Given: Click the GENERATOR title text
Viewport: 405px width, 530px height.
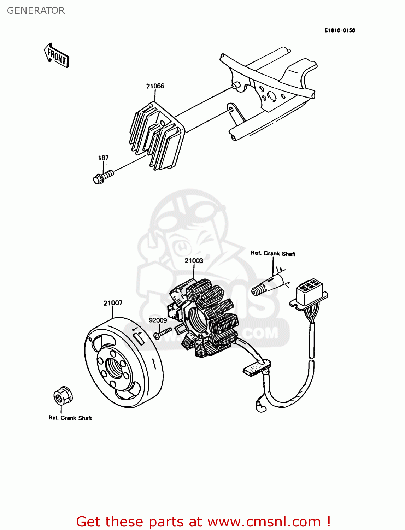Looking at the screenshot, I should click(36, 11).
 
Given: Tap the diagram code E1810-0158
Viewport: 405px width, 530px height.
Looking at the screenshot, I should click(339, 30).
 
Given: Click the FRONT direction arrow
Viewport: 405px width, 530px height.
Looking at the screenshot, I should click(57, 55).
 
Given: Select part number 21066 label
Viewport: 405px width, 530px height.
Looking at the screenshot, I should click(155, 86).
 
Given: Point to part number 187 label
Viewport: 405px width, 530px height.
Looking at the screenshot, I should click(103, 158).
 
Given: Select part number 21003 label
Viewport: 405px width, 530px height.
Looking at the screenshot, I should click(194, 261).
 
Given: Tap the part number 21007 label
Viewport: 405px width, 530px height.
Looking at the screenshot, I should click(113, 303).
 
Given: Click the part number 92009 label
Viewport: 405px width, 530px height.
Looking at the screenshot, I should click(158, 320).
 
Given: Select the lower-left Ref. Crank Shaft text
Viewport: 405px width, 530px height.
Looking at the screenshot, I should click(70, 418).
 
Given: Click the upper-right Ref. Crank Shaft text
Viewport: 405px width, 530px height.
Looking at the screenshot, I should click(273, 253).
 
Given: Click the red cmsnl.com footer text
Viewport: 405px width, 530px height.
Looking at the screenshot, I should click(203, 522).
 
